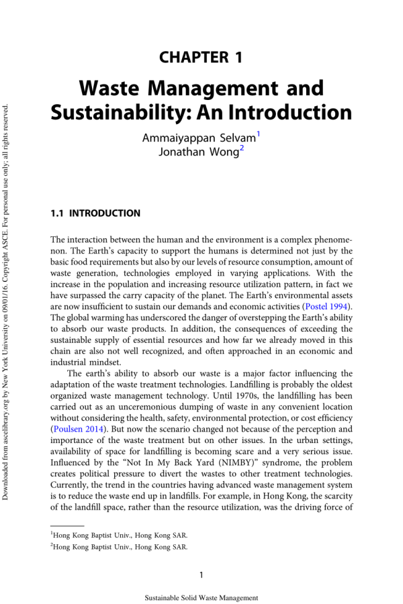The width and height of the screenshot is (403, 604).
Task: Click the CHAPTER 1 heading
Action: [x=201, y=57]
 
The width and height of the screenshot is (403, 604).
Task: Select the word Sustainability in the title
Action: [x=105, y=111]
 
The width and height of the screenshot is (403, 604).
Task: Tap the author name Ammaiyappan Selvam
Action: [x=199, y=139]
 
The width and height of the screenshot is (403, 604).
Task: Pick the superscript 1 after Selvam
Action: [x=259, y=134]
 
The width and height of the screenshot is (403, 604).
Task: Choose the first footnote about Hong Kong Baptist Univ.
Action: [x=119, y=535]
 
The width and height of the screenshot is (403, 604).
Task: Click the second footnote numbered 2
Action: [x=119, y=547]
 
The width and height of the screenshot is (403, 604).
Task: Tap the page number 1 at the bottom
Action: [x=201, y=574]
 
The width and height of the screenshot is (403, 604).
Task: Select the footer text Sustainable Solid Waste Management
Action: [x=201, y=597]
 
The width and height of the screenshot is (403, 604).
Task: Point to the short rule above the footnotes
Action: [x=67, y=525]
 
